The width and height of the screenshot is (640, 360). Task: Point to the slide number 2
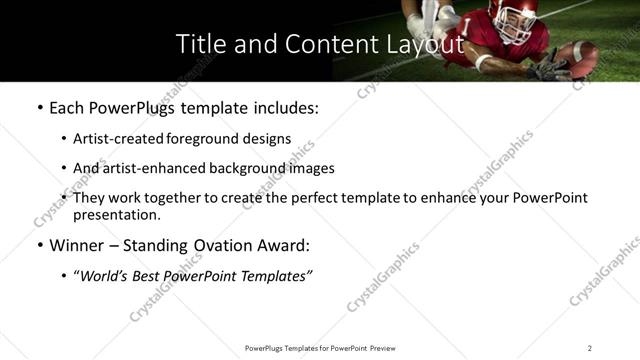(x=589, y=348)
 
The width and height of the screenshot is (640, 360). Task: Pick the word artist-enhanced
(x=152, y=169)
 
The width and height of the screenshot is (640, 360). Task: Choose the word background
(x=250, y=169)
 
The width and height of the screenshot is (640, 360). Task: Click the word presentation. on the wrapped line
(x=117, y=215)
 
